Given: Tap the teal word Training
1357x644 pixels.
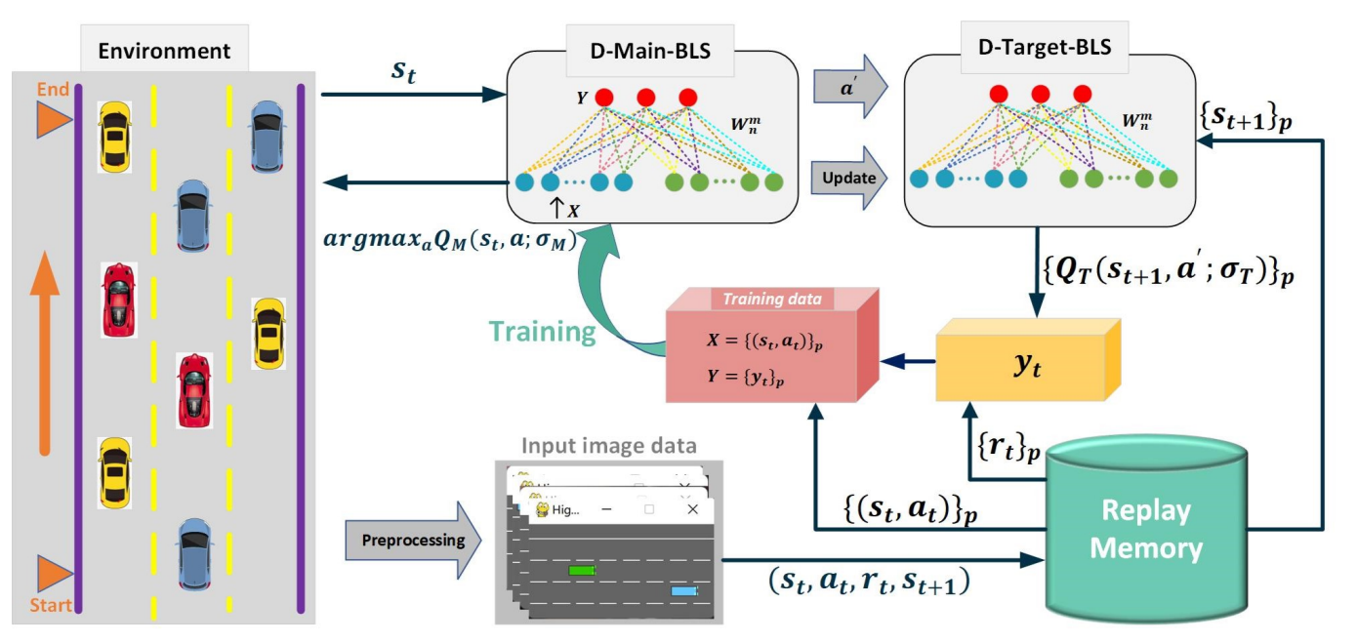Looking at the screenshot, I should click(543, 332).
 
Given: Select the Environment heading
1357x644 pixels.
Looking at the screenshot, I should click(165, 51).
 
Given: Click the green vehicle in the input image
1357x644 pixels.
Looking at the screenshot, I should click(581, 568).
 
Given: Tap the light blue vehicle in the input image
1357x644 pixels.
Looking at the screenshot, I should click(684, 590).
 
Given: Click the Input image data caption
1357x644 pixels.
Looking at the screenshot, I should click(609, 447).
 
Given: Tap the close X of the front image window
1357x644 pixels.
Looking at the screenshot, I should click(693, 508).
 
